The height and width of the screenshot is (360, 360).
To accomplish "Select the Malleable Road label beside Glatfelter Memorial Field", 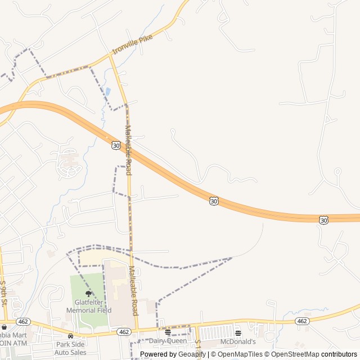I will [134, 290].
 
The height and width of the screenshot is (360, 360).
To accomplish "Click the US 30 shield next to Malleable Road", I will [116, 145].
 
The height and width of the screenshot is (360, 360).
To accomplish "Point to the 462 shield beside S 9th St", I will [23, 321].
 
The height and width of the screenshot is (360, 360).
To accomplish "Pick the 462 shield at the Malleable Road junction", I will [124, 332].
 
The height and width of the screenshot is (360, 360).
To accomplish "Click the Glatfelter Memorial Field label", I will [89, 306].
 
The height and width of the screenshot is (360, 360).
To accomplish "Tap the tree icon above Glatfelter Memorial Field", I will [88, 294].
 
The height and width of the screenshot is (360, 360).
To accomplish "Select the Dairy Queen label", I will [168, 341].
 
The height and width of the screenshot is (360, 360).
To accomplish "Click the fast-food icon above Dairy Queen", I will [168, 332].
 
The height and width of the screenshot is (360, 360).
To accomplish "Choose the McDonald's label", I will [238, 341].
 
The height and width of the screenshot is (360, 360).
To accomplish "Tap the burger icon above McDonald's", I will [238, 333].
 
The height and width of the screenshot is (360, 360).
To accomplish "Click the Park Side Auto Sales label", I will [71, 348].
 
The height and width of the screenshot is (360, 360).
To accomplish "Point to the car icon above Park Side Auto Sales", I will [70, 335].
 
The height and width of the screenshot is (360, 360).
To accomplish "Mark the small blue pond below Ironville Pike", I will [107, 91].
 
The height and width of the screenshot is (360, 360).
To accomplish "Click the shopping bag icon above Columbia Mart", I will [4, 327].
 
